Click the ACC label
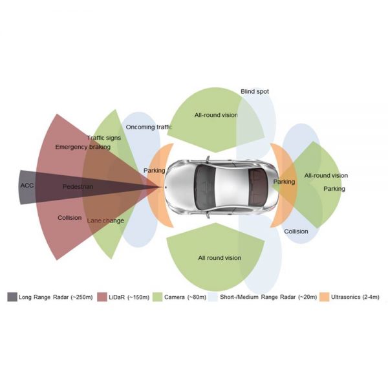click(x=27, y=186)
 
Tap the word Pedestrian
click(x=78, y=187)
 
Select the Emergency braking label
click(x=82, y=147)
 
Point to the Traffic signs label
click(x=103, y=138)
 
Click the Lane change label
click(x=105, y=221)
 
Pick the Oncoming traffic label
click(x=149, y=127)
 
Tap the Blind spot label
click(x=255, y=92)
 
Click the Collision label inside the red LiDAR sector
click(x=69, y=218)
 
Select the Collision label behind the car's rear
click(x=296, y=231)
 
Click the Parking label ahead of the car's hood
click(x=154, y=170)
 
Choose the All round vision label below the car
click(x=219, y=258)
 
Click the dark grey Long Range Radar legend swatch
click(x=12, y=297)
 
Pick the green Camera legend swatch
click(x=156, y=297)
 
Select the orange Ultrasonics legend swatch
click(x=323, y=297)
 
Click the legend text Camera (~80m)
click(x=188, y=297)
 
